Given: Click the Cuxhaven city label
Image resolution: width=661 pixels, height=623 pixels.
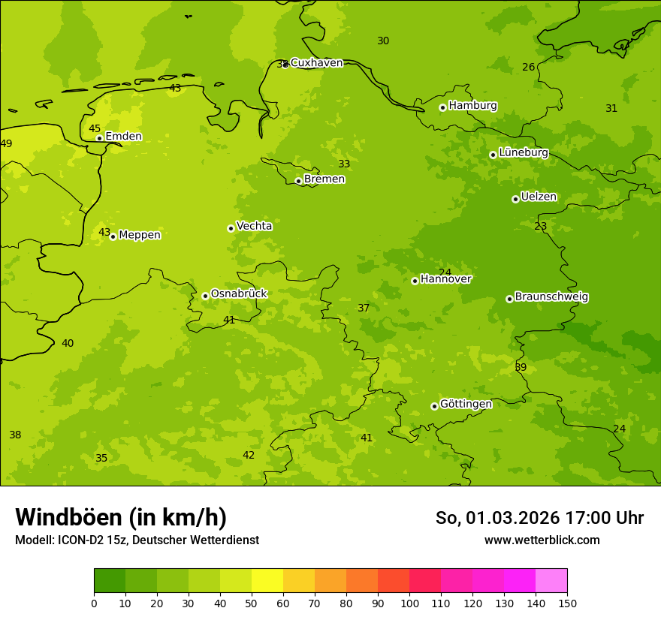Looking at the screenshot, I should [x=316, y=63].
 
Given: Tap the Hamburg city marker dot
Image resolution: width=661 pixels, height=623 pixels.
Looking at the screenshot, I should [x=442, y=107].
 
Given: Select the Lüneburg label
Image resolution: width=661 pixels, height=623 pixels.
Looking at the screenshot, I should [x=523, y=152].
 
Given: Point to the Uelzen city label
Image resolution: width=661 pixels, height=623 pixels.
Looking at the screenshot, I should [x=539, y=197].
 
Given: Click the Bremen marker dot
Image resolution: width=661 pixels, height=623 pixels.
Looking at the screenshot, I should [x=298, y=181].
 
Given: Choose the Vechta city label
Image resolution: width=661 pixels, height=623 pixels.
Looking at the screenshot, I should [x=254, y=226].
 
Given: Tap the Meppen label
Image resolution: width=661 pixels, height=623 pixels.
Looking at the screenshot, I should [x=140, y=235].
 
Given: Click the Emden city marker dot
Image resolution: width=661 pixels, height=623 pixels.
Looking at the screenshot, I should [x=99, y=138].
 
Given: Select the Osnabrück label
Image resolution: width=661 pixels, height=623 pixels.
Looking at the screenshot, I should [x=239, y=293].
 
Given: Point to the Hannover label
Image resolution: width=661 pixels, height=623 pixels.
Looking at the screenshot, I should [x=445, y=279].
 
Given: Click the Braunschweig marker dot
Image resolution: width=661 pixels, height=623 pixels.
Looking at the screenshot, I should [x=509, y=299].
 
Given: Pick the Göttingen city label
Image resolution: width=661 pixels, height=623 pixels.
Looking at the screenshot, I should [x=466, y=404].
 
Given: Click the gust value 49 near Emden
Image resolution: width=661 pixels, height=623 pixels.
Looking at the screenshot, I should [x=6, y=143].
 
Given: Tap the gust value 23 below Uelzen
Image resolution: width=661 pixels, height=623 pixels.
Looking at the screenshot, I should [x=540, y=226].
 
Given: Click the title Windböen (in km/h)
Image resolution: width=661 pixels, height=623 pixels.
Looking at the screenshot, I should [x=121, y=517].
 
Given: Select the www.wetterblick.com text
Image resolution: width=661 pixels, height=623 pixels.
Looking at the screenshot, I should [x=542, y=540].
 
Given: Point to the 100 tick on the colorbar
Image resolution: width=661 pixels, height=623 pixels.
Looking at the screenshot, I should [x=409, y=602].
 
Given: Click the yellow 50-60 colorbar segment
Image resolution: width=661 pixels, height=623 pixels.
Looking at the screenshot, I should [x=267, y=581].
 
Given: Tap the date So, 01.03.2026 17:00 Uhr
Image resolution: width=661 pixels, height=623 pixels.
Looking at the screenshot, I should [x=539, y=518].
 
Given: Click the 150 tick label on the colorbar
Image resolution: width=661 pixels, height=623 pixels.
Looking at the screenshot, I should [x=567, y=602].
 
